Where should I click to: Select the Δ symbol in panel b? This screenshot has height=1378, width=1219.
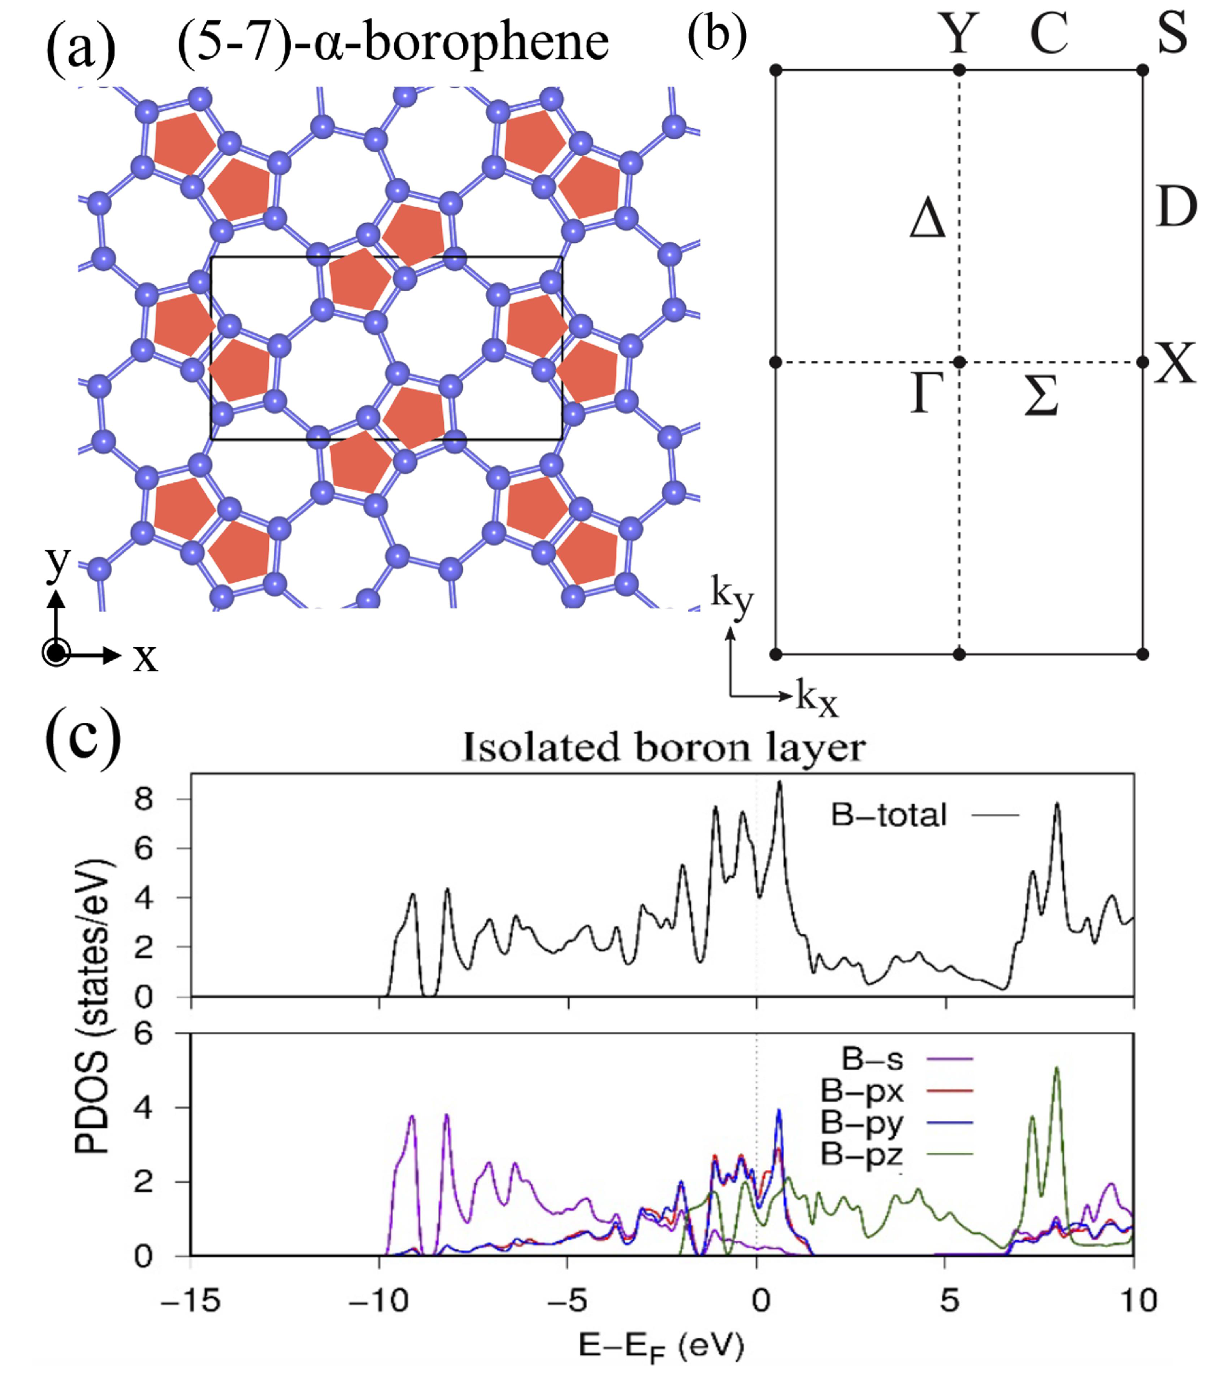(927, 221)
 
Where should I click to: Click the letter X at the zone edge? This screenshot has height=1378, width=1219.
(1175, 364)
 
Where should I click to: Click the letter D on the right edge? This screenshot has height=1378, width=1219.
(1176, 207)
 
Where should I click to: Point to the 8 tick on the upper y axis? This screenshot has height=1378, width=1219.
(145, 799)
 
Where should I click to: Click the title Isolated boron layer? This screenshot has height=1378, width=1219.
(663, 748)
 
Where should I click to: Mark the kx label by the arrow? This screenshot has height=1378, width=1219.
(817, 699)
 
